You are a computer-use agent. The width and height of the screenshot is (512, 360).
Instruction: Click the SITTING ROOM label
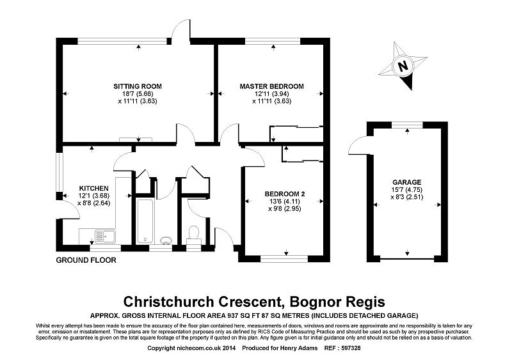coord(138,86)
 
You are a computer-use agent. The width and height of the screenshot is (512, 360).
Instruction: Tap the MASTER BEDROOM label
coord(271,86)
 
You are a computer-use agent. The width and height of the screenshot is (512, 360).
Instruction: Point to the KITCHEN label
coord(92,188)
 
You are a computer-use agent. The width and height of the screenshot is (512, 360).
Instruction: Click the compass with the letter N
coord(403,65)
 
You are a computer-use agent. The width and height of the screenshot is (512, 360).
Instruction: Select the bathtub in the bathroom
coord(145,221)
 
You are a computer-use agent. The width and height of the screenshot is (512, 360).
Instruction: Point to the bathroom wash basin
coord(165,240)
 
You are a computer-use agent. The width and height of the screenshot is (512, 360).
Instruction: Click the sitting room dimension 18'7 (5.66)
coord(138,93)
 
